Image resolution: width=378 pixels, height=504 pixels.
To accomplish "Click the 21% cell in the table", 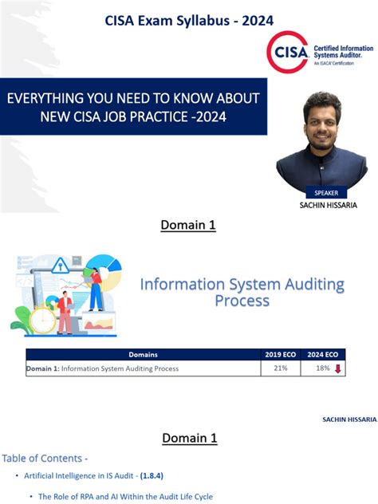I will pos(280,368).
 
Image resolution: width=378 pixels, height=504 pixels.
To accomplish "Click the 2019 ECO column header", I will pos(281,355).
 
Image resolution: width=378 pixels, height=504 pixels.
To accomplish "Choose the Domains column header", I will pos(143,355).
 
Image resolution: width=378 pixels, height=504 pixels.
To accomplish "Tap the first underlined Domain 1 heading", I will pos(188,226).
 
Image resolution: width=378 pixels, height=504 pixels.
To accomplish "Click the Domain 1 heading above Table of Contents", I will pos(190,438).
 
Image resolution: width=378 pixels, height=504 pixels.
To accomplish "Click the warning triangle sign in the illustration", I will pos(61,267).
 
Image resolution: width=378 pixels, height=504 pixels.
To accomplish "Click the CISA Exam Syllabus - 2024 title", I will pos(189,21).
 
